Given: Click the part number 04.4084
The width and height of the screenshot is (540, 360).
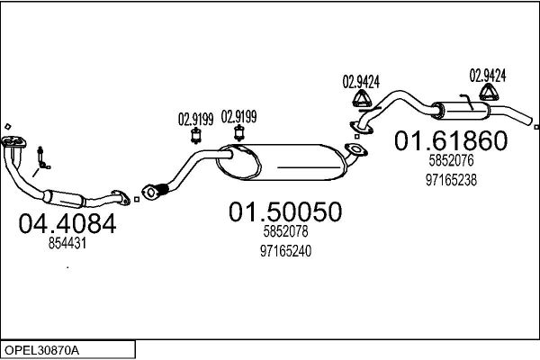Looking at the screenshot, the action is pyautogui.click(x=67, y=223).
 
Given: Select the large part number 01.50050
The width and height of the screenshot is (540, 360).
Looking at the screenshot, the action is pyautogui.click(x=285, y=211).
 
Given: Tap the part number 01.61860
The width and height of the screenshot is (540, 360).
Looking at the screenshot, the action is pyautogui.click(x=451, y=140).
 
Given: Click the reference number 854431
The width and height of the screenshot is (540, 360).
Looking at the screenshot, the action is pyautogui.click(x=67, y=244).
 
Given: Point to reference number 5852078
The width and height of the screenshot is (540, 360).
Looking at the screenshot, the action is pyautogui.click(x=285, y=231).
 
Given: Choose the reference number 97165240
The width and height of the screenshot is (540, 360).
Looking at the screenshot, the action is pyautogui.click(x=285, y=251).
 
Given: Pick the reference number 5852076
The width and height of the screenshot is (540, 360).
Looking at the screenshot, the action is pyautogui.click(x=451, y=160).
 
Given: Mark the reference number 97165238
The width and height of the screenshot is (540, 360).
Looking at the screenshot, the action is pyautogui.click(x=451, y=180).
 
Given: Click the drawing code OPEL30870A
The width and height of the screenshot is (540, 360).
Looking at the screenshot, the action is pyautogui.click(x=41, y=350).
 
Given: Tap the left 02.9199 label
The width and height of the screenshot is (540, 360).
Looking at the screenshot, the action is pyautogui.click(x=195, y=119).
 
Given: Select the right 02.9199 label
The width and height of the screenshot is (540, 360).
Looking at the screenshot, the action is pyautogui.click(x=238, y=117).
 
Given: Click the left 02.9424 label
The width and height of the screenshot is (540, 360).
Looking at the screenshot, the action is pyautogui.click(x=361, y=82).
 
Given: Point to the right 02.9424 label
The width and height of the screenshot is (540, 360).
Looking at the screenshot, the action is pyautogui.click(x=488, y=76).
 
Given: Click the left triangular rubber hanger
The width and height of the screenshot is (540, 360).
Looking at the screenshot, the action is pyautogui.click(x=362, y=98).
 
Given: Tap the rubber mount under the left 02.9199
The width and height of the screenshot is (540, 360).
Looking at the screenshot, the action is pyautogui.click(x=196, y=136).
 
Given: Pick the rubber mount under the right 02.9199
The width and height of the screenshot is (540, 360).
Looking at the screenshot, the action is pyautogui.click(x=238, y=133).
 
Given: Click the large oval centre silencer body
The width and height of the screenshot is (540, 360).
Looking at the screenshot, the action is pyautogui.click(x=281, y=162).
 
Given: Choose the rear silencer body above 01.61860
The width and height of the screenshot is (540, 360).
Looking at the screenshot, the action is pyautogui.click(x=461, y=111).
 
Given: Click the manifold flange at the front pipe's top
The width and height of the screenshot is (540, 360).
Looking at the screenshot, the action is pyautogui.click(x=13, y=142).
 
